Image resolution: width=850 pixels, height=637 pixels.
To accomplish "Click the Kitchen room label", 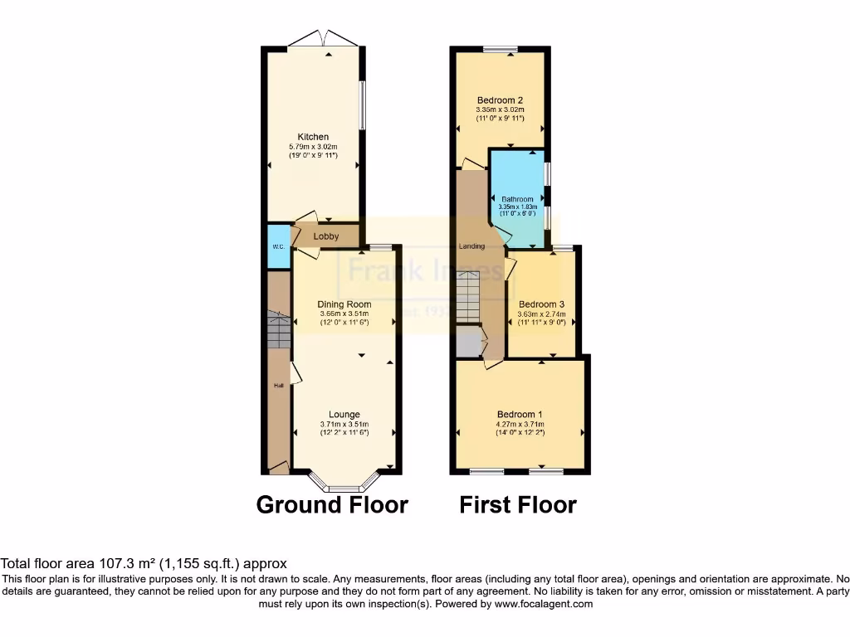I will (314, 137).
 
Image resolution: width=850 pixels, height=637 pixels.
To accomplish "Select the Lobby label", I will (326, 236).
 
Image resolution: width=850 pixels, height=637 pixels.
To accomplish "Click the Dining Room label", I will (344, 304).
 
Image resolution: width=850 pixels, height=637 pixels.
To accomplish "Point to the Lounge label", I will (344, 415).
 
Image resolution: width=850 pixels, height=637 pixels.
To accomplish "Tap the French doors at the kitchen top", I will (314, 39).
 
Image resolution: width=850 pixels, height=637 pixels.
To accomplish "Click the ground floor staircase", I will (278, 332).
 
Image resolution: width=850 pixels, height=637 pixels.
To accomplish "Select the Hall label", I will (279, 386).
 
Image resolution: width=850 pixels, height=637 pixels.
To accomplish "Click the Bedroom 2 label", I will (500, 100).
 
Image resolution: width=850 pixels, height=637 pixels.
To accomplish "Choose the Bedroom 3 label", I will (541, 304).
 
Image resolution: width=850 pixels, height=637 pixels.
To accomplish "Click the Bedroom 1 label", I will (520, 415).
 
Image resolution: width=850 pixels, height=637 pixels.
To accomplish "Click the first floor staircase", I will (468, 297).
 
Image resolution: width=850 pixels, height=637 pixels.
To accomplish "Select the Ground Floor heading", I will (332, 504).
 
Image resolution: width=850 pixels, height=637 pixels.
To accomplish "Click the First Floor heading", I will (518, 504).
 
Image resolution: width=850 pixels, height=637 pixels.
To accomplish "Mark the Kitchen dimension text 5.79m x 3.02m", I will (314, 147).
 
